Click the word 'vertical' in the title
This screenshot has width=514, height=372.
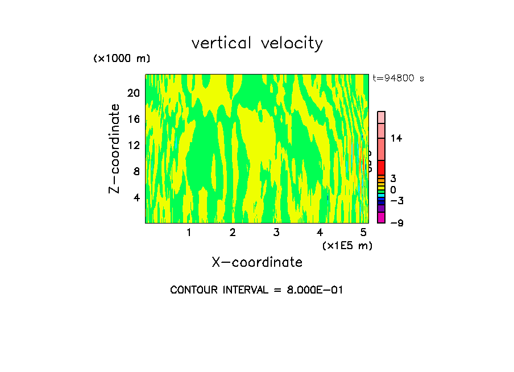(222, 43)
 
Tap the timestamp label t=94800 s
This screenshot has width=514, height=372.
(399, 78)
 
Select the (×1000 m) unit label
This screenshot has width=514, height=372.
(121, 59)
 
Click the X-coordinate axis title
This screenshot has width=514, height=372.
(257, 262)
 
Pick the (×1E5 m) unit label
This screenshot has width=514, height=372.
(347, 246)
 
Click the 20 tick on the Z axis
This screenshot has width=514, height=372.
(133, 93)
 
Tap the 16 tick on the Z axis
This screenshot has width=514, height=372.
(133, 119)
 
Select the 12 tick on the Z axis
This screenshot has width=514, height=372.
(133, 145)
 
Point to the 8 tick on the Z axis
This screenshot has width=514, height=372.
(136, 171)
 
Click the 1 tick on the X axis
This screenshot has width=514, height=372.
(189, 232)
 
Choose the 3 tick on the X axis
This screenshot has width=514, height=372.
(276, 232)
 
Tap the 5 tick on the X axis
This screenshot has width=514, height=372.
(363, 232)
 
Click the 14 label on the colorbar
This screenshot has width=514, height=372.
(396, 138)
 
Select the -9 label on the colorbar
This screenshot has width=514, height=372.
(396, 223)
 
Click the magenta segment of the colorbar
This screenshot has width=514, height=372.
(382, 217)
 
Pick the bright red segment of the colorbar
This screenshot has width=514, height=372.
(382, 167)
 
